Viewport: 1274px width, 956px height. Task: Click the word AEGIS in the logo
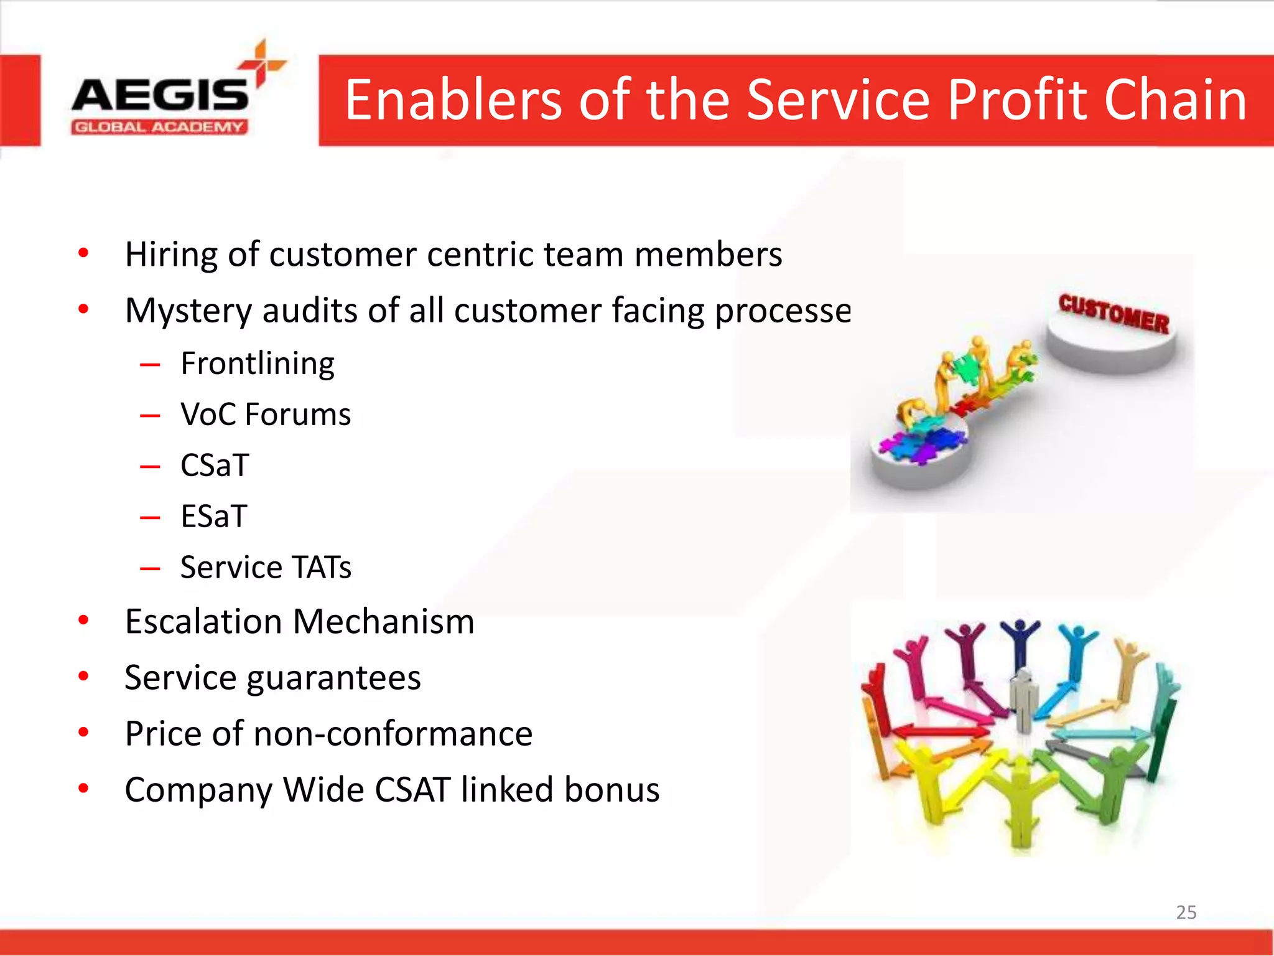[x=160, y=95]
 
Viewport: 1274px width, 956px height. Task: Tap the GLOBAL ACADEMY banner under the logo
[x=159, y=128]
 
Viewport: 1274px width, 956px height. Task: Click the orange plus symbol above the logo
[x=262, y=63]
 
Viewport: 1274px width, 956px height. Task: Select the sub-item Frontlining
[x=258, y=363]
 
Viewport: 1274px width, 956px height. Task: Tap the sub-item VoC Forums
[x=266, y=415]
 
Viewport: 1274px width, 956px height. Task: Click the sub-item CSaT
[x=215, y=466]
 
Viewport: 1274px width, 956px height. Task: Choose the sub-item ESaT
[x=214, y=517]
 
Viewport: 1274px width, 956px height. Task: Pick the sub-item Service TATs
[x=266, y=568]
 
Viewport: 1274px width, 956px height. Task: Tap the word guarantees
[x=333, y=678]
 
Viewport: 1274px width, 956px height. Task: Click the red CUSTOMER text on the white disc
[x=1114, y=313]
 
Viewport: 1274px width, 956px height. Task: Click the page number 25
[x=1186, y=912]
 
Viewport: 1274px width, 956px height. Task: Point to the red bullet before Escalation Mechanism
[x=83, y=621]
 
